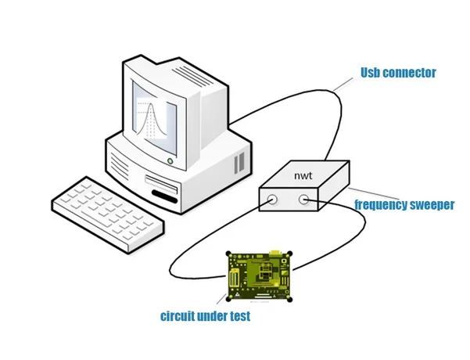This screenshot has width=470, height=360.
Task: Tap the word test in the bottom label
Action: [x=239, y=317]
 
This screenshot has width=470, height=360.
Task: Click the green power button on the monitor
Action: [x=170, y=161]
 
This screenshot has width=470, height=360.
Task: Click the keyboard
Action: [x=109, y=211]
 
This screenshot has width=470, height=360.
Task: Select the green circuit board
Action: [x=258, y=276]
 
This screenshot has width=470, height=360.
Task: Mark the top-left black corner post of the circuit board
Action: [x=228, y=254]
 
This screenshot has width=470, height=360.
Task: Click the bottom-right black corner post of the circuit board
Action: [x=291, y=300]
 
